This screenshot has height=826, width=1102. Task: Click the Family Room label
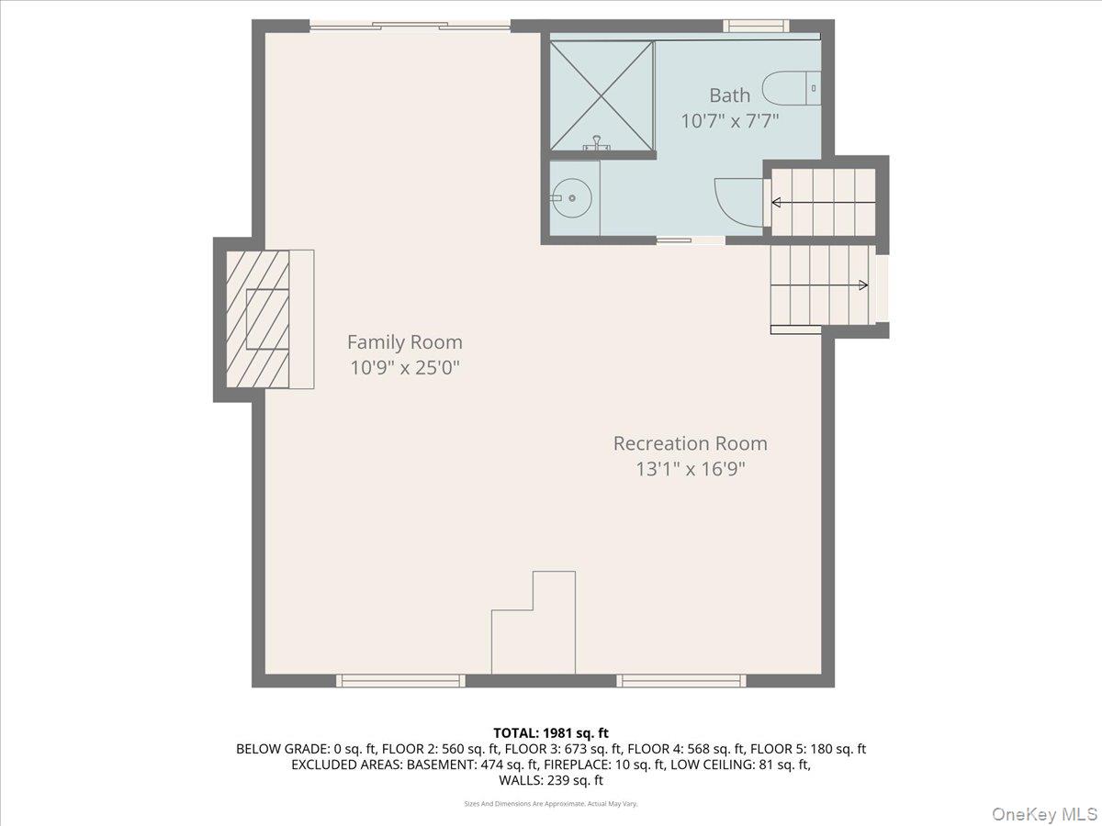[x=404, y=342]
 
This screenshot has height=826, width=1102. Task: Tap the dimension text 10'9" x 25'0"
[x=404, y=368]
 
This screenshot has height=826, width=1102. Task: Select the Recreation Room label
[x=690, y=443]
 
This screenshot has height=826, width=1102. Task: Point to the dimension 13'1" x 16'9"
[x=690, y=469]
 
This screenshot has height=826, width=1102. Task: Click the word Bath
[x=729, y=95]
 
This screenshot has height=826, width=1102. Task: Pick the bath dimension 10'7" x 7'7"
[x=729, y=120]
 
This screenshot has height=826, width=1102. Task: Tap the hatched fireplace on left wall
[x=258, y=318]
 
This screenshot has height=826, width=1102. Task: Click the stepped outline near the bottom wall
[x=535, y=624]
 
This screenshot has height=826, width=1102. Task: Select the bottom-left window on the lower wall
[x=399, y=680]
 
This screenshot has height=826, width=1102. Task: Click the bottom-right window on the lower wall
[x=680, y=680]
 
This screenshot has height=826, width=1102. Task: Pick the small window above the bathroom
[x=756, y=26]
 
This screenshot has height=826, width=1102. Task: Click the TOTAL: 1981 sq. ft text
[x=551, y=732]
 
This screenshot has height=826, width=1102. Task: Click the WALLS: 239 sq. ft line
[x=551, y=781]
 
